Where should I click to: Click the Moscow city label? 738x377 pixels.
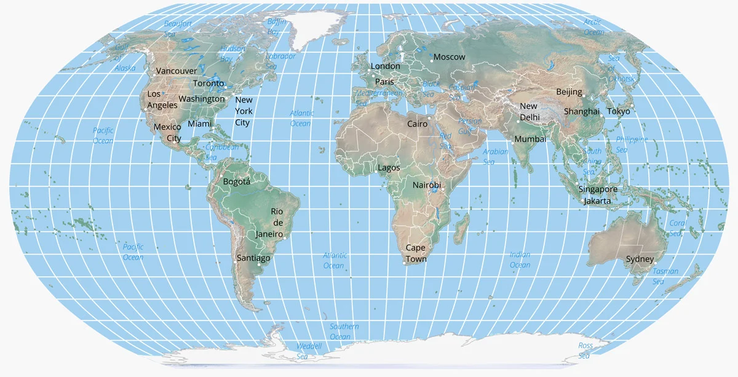coord(449,57)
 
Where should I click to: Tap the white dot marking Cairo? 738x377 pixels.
coord(429,117)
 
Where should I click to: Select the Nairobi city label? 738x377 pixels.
coord(426,185)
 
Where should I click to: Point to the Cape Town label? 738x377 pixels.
coord(416,253)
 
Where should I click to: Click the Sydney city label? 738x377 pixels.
coord(640,260)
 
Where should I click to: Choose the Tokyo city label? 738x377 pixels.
coord(619,111)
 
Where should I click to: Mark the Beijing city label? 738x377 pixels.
coord(569,92)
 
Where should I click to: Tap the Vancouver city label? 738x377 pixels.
coord(177,71)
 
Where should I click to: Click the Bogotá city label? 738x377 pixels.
coord(237,182)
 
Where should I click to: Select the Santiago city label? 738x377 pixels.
coord(253,258)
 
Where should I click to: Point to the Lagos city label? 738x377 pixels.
coord(389,168)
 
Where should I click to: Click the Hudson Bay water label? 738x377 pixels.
coord(232,54)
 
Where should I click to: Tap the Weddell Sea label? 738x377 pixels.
coord(309,351)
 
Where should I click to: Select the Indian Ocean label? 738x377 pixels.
coord(520,260)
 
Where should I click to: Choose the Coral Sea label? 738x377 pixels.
coord(677,228)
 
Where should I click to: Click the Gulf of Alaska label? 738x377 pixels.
coord(123,57)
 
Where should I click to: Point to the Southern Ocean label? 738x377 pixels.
coord(344,331)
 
